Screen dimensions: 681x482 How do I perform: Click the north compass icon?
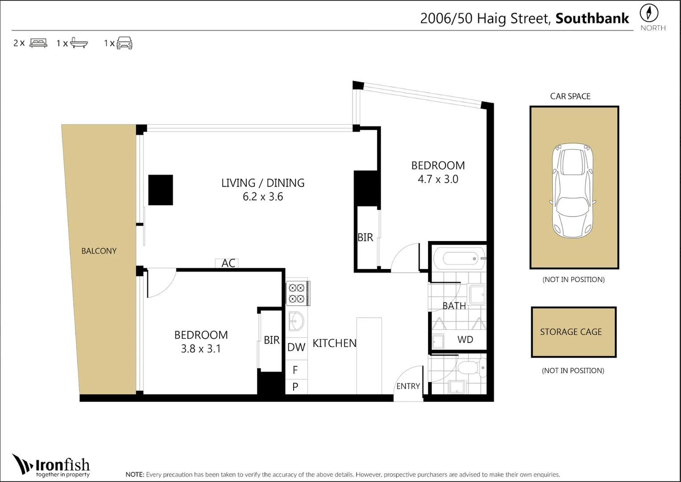coord(649,13)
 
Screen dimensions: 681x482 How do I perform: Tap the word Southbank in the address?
coord(592,19)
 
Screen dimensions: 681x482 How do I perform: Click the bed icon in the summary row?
coord(38,43)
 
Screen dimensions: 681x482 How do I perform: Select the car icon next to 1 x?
coord(125,43)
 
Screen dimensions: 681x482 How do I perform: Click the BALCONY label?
coord(99,251)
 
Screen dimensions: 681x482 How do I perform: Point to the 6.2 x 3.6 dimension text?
coord(263,196)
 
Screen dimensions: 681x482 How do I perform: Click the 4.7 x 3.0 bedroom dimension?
coord(438,179)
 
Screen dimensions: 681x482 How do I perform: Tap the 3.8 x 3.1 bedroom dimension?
coord(201,349)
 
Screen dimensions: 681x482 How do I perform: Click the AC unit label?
coord(228,263)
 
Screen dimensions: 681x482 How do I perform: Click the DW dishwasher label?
coord(296,347)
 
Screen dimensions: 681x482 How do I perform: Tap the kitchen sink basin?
coord(296,321)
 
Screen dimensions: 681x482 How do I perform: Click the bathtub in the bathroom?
coord(460,259)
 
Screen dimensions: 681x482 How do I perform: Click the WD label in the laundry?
coord(465,339)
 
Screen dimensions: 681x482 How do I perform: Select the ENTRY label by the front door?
coord(408,386)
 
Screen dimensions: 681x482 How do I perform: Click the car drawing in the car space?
coord(573,191)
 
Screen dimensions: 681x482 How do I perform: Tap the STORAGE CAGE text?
coord(571,332)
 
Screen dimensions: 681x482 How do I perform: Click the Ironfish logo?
coord(51,466)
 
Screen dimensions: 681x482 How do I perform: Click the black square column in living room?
coord(161,190)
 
